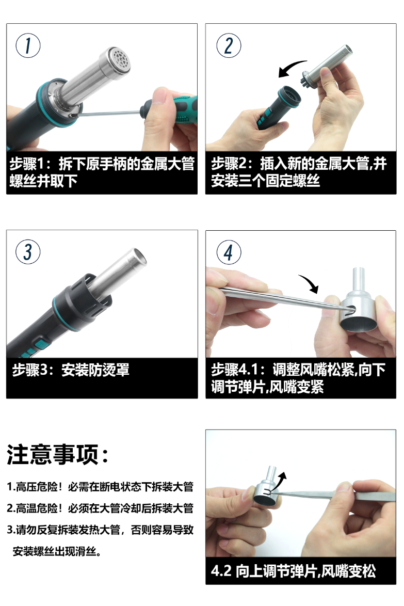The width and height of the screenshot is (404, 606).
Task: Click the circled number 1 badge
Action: click(x=28, y=46)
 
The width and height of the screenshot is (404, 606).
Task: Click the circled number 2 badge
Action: click(x=228, y=46)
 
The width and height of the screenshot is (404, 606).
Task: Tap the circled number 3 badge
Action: click(x=28, y=252)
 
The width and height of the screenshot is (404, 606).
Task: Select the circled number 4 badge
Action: click(x=228, y=252)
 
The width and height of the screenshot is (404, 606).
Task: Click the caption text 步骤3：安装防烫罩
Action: click(x=71, y=370)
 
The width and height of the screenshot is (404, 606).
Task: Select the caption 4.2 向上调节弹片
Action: click(x=293, y=571)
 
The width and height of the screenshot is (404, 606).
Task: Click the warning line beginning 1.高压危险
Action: click(x=100, y=486)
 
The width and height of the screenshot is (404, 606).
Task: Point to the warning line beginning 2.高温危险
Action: click(x=100, y=508)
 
